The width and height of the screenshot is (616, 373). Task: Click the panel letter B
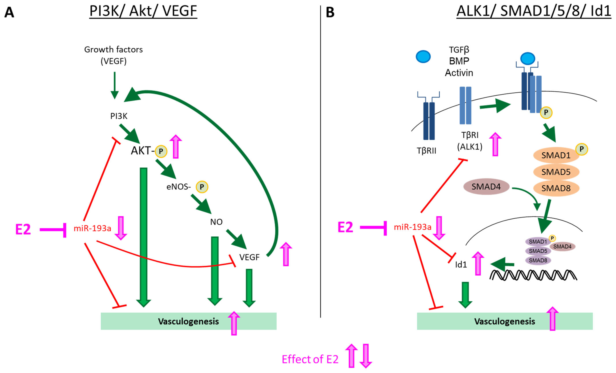pyautogui.click(x=330, y=12)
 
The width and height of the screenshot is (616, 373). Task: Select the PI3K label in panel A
pyautogui.click(x=119, y=116)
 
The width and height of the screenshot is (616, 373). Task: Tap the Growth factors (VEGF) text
pyautogui.click(x=114, y=55)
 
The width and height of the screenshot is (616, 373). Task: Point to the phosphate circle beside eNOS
pyautogui.click(x=202, y=187)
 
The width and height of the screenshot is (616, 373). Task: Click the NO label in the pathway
pyautogui.click(x=216, y=222)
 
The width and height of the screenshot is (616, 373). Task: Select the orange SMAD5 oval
pyautogui.click(x=556, y=172)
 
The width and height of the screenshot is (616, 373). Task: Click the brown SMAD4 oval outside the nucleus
pyautogui.click(x=486, y=187)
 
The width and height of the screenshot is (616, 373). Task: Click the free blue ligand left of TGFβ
pyautogui.click(x=423, y=56)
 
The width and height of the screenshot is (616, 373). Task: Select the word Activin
pyautogui.click(x=459, y=73)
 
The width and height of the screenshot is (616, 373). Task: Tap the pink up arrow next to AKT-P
pyautogui.click(x=176, y=147)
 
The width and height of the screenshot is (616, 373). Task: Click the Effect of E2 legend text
pyautogui.click(x=310, y=359)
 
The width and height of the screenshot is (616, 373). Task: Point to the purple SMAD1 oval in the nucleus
pyautogui.click(x=538, y=242)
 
